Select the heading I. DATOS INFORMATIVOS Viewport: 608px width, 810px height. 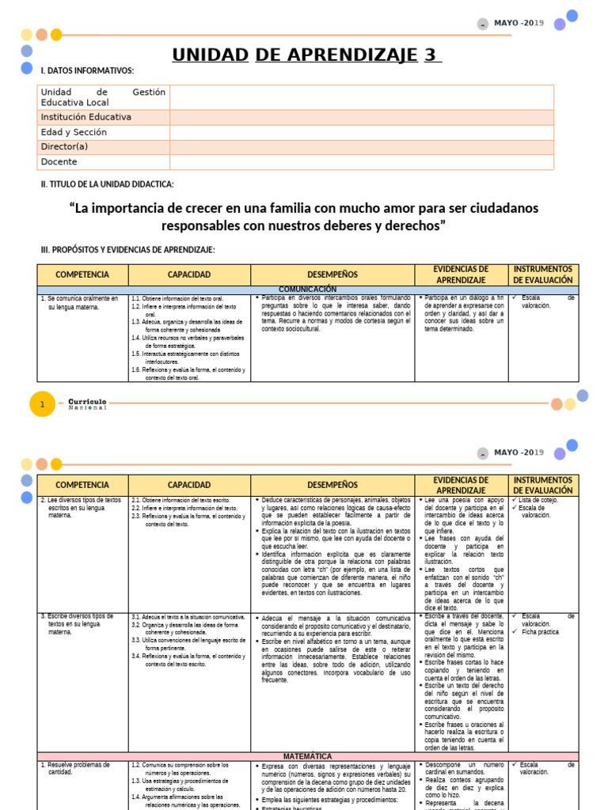87,71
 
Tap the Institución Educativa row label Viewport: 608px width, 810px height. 85,117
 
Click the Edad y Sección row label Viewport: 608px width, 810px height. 74,132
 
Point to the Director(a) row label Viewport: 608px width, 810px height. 64,147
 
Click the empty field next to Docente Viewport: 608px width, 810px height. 362,161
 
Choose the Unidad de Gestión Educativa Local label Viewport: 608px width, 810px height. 103,97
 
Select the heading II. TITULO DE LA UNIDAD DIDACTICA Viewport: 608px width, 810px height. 107,184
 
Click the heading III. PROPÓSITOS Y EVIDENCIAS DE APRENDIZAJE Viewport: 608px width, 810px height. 127,250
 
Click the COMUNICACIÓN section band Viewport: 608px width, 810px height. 308,290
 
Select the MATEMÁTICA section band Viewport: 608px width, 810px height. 308,756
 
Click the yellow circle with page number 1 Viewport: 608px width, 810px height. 42,405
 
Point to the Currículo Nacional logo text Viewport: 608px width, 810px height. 87,404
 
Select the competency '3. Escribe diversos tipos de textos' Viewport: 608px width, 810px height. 78,624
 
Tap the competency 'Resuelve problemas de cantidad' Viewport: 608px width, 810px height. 75,768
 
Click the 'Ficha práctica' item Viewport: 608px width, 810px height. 540,632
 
